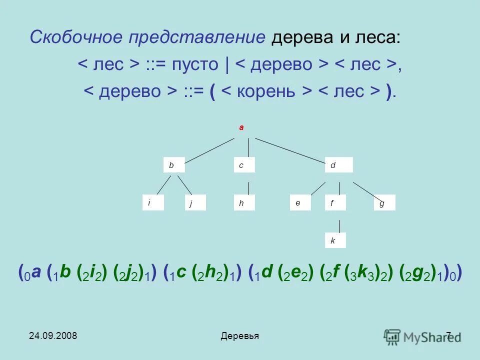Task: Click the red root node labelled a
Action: click(x=241, y=127)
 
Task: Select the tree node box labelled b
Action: click(x=173, y=165)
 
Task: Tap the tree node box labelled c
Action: click(x=244, y=165)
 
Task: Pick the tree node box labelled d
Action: click(x=338, y=165)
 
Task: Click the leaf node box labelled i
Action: click(x=153, y=203)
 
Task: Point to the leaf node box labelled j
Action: click(x=195, y=203)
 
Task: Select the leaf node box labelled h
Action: click(x=244, y=203)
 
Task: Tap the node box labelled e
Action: click(x=300, y=203)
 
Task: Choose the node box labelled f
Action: click(x=335, y=203)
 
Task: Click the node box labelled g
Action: click(x=384, y=203)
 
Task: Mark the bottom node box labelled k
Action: click(x=335, y=240)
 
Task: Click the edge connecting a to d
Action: click(x=290, y=148)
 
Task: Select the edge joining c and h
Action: click(x=247, y=187)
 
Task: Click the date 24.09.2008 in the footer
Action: click(x=52, y=335)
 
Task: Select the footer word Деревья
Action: click(x=239, y=336)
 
